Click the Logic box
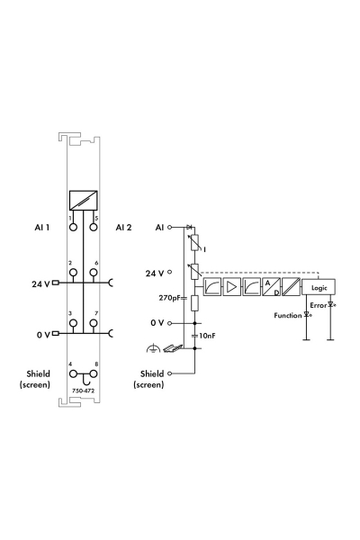[x=319, y=287]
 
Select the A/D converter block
[x=272, y=287]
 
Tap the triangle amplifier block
[x=232, y=287]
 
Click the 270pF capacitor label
[x=169, y=298]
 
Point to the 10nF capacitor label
[x=207, y=335]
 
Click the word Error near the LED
[x=319, y=305]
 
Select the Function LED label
[x=288, y=316]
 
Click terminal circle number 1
[x=73, y=228]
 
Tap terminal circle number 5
[x=94, y=228]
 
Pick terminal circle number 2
[x=73, y=273]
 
